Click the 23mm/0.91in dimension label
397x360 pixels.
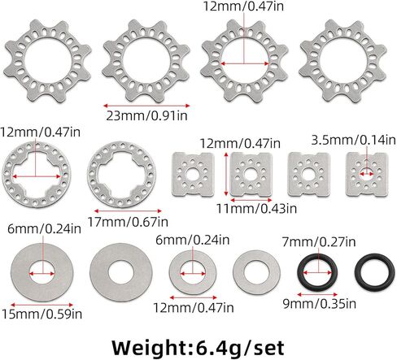pyautogui.click(x=146, y=115)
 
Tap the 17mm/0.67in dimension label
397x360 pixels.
pyautogui.click(x=128, y=222)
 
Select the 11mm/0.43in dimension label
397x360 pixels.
pyautogui.click(x=256, y=208)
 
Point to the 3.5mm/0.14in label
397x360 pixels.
pyautogui.click(x=353, y=140)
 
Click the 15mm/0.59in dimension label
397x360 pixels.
pyautogui.click(x=41, y=314)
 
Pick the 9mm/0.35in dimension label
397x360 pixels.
pyautogui.click(x=320, y=304)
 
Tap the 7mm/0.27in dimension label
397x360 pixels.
pyautogui.click(x=319, y=241)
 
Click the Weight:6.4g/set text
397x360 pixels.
pyautogui.click(x=198, y=348)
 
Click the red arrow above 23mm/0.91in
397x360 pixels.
pyautogui.click(x=146, y=106)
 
